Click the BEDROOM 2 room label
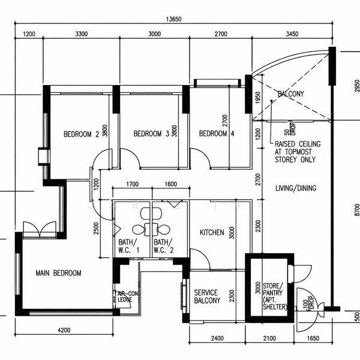coord(81,134)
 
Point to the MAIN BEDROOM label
coord(58,273)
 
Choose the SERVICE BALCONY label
coord(207,296)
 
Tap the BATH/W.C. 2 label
coord(163,246)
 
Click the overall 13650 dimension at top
coord(173,19)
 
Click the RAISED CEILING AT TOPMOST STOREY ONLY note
coord(298,152)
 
